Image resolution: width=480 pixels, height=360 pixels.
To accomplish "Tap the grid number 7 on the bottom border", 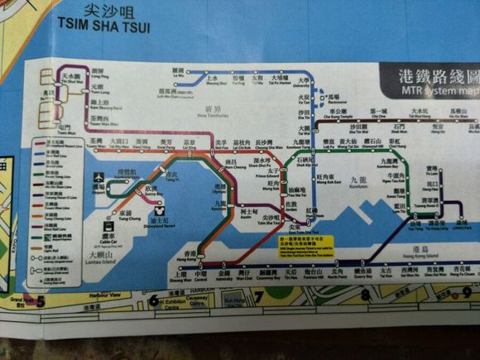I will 258,296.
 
